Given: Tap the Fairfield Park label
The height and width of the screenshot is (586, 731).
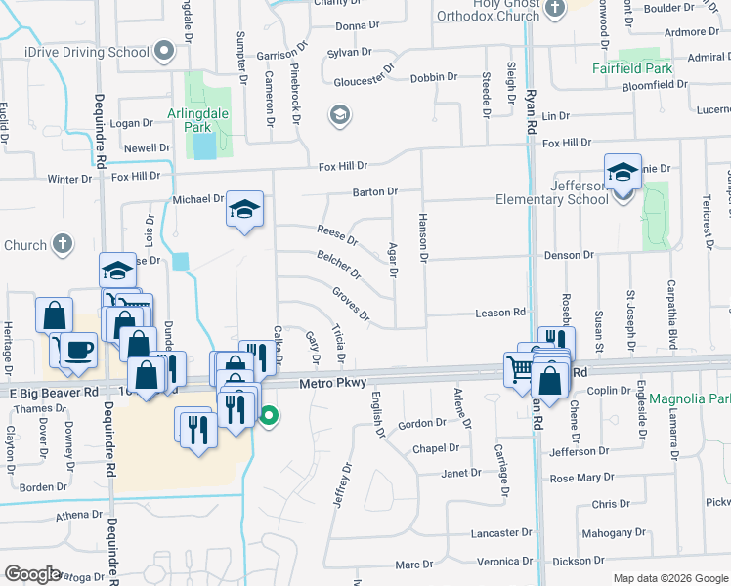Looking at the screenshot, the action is click(632, 69).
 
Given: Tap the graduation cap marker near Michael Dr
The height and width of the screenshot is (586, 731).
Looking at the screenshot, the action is click(245, 210).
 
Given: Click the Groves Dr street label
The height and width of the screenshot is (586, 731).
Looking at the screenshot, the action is click(351, 304).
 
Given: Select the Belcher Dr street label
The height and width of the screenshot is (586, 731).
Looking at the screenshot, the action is click(338, 263).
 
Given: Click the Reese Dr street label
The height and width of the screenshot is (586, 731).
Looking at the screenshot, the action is click(337, 234).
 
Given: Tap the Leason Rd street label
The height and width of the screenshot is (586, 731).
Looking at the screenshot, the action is click(499, 313).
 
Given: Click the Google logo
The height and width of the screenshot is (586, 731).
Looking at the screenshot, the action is click(33, 574).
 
